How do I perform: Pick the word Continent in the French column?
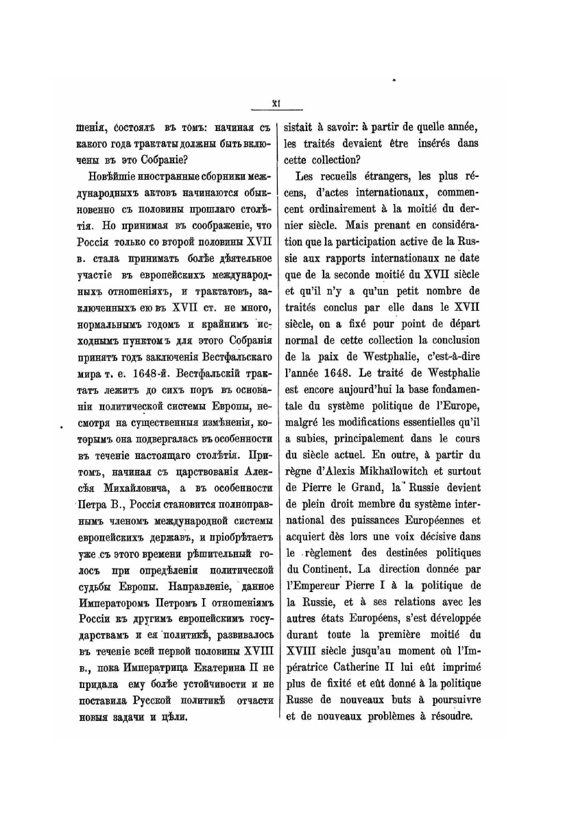click(x=320, y=569)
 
